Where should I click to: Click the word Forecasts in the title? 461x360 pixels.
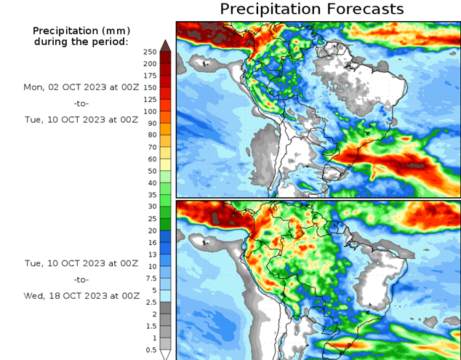[x=364, y=9]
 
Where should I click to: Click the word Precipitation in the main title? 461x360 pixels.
[x=270, y=9]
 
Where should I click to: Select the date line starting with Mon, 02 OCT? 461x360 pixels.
[x=81, y=87]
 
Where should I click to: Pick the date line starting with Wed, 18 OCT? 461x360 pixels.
[x=81, y=296]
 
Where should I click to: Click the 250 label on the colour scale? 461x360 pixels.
[x=150, y=52]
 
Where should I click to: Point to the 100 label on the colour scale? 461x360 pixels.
[x=150, y=111]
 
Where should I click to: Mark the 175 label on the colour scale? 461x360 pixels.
[x=150, y=76]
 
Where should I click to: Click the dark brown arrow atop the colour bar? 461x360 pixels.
[x=165, y=46]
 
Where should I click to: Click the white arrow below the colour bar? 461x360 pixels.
[x=165, y=355]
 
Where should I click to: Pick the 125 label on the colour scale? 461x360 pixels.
[x=150, y=100]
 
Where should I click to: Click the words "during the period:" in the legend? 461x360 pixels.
[x=81, y=41]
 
